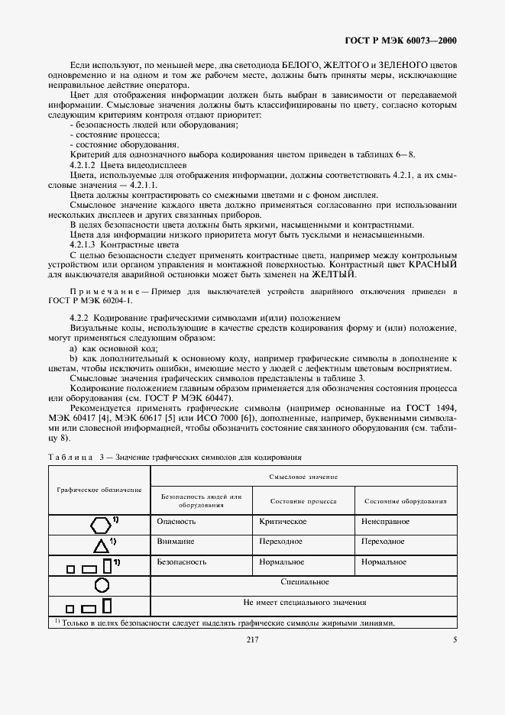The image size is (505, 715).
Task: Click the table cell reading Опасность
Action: coord(176,521)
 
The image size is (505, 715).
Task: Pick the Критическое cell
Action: coord(283,521)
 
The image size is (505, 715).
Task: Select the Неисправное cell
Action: coord(386,521)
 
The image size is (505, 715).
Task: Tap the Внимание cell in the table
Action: coord(176,541)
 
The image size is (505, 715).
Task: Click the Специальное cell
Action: coord(304,582)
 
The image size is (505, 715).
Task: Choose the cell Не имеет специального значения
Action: coord(304,602)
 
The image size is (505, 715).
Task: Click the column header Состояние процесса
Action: coord(303,501)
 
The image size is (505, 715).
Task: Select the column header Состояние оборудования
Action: coord(406,501)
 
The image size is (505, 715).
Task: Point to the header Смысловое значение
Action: coord(303,475)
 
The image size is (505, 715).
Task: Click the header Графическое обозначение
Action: coord(99,489)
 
